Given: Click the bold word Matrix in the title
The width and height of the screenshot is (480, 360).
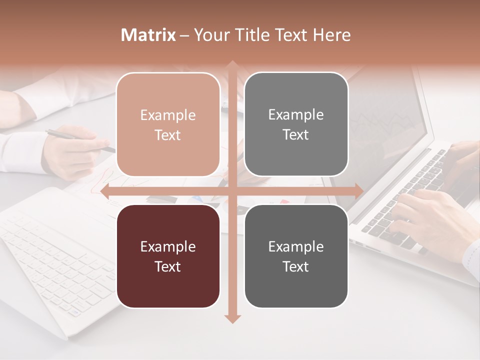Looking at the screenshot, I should [148, 35].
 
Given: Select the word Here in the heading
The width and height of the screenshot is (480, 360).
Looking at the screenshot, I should [331, 35].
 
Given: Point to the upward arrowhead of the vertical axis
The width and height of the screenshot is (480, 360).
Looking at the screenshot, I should [232, 65].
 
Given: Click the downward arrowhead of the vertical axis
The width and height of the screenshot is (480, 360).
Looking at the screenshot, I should [232, 318].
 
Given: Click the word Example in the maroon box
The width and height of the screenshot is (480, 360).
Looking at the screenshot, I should [168, 246].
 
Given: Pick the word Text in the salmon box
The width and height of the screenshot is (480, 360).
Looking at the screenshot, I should [168, 135].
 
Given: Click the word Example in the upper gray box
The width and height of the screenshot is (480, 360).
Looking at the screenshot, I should [296, 114].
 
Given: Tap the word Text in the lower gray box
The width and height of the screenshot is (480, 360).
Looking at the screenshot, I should [296, 266].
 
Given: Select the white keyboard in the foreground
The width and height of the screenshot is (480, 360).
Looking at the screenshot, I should [55, 265].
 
